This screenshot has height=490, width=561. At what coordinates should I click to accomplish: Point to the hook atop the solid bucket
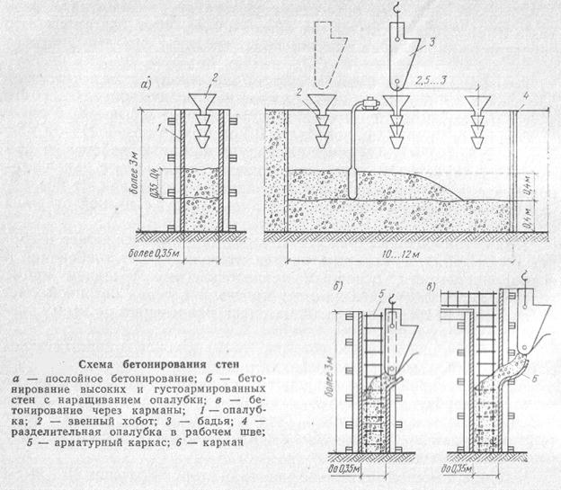click(x=393, y=8)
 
